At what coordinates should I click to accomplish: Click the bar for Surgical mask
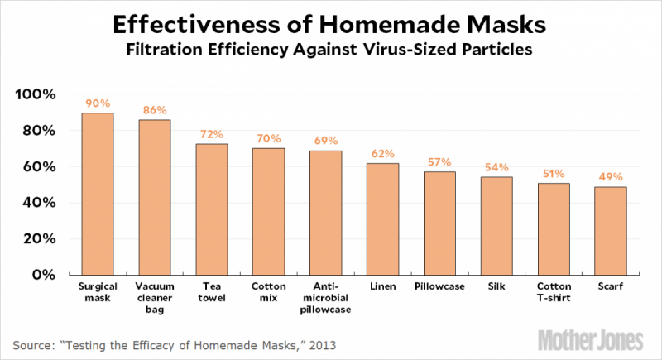pos(98,194)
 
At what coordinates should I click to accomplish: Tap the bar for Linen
pos(382,218)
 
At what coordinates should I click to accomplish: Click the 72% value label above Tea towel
pos(212,133)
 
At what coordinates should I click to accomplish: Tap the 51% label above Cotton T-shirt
pos(554,173)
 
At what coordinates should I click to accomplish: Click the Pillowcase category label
pos(439,287)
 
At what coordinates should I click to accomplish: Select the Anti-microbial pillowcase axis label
pos(326,298)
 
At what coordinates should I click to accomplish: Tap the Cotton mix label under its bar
pos(269,293)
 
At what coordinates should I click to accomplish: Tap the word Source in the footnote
pos(34,342)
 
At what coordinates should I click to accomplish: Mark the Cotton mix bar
pos(269,211)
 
